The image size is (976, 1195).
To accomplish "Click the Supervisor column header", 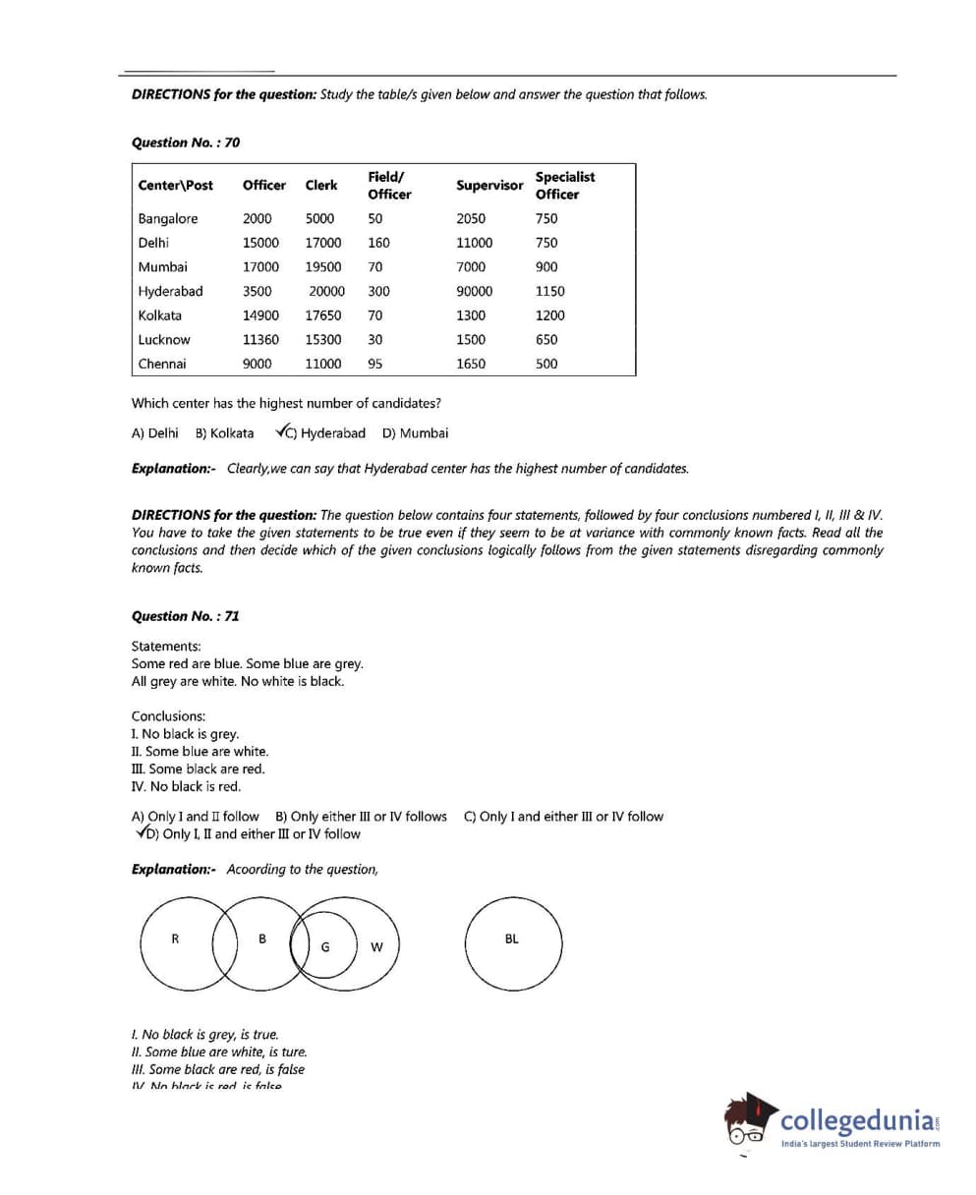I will [x=488, y=186].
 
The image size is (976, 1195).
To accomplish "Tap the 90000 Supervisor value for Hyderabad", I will [x=475, y=292].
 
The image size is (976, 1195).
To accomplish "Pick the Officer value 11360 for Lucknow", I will [x=260, y=340].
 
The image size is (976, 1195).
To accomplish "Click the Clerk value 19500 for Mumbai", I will [x=323, y=267].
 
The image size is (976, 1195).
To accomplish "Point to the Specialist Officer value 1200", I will [x=549, y=315].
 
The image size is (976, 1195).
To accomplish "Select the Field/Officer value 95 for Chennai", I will [x=374, y=365].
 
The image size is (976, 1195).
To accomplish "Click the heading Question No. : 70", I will [x=185, y=142].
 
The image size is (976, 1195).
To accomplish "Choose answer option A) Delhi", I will [x=154, y=433].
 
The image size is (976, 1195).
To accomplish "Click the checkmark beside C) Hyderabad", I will [x=282, y=431].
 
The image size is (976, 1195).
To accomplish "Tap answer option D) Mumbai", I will [x=415, y=433].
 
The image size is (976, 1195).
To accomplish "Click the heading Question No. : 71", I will [x=185, y=616].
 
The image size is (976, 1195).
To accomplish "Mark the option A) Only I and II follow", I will [x=195, y=817].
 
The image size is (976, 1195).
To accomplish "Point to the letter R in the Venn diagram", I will [x=175, y=939].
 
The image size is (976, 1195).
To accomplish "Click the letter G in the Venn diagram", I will [x=324, y=948].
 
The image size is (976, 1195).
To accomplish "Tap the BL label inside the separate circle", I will [x=511, y=939].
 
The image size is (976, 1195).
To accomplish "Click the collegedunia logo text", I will [x=859, y=1121].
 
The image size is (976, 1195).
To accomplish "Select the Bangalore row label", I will [x=167, y=219].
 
